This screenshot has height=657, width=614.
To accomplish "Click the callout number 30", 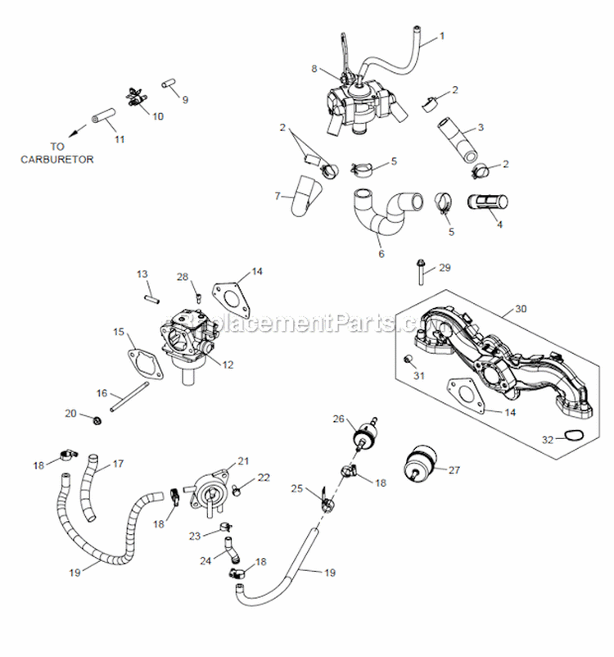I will tap(521, 309).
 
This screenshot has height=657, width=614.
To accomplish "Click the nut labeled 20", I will tap(97, 421).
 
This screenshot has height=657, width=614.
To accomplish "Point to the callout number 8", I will tap(314, 70).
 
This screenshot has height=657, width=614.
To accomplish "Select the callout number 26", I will tap(337, 419).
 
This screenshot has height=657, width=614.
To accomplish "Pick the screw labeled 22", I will tap(236, 490).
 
